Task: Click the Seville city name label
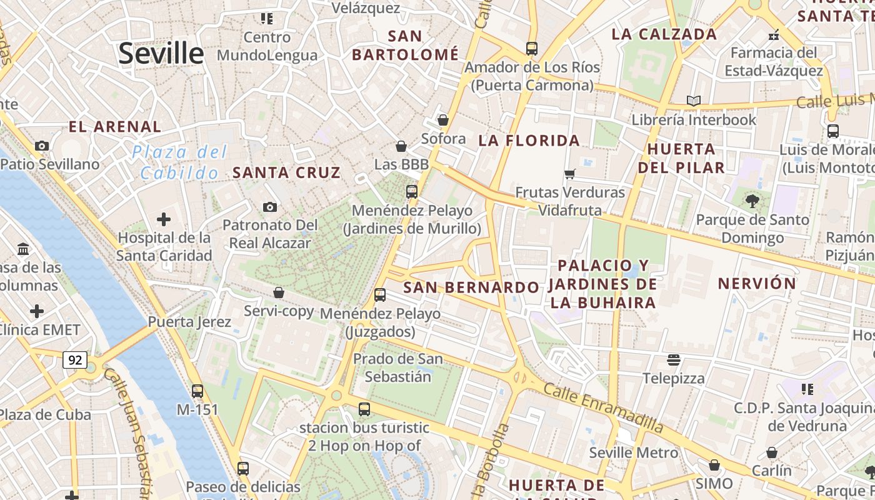(161, 53)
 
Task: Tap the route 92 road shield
(75, 360)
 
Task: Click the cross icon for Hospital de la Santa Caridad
(164, 219)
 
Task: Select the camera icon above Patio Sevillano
(42, 146)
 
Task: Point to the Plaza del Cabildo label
(180, 162)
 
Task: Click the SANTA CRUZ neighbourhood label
(287, 172)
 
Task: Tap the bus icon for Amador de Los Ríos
(532, 48)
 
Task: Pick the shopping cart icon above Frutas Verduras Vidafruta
(569, 174)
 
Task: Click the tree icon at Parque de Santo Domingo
(752, 201)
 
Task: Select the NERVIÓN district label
(757, 283)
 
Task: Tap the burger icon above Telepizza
(673, 359)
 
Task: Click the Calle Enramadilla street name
(603, 408)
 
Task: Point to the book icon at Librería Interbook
(693, 101)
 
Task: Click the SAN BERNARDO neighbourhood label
(471, 287)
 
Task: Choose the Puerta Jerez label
(189, 322)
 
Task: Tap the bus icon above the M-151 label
(197, 391)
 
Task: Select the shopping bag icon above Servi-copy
(279, 292)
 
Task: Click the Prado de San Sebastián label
(398, 367)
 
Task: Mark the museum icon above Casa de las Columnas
(24, 249)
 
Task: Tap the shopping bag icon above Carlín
(772, 452)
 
